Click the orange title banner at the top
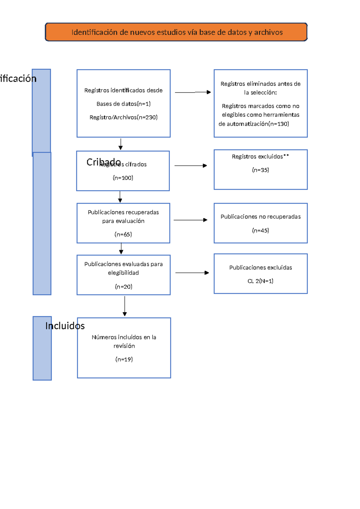[x=176, y=32]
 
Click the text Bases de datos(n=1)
[x=123, y=104]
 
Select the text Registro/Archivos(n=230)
[x=123, y=117]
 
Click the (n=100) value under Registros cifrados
[x=123, y=178]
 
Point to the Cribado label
[x=103, y=162]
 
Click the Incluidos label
[x=65, y=326]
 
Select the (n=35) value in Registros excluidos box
[x=260, y=170]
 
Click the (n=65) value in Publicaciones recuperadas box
[x=123, y=234]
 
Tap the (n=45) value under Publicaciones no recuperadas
[x=260, y=230]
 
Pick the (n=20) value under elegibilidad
[x=123, y=287]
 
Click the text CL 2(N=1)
[x=260, y=281]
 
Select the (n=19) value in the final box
[x=124, y=359]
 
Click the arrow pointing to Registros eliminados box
[x=193, y=92]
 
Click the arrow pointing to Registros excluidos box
[x=190, y=166]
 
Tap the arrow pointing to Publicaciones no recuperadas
[x=190, y=220]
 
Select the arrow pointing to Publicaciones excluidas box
[x=192, y=273]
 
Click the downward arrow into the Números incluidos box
[x=124, y=306]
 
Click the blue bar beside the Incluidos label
[x=42, y=354]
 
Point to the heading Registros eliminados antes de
[x=260, y=84]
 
